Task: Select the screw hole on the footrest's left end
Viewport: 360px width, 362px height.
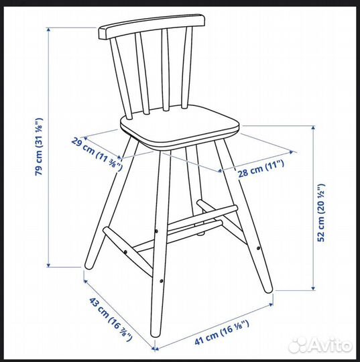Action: [x=158, y=233]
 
